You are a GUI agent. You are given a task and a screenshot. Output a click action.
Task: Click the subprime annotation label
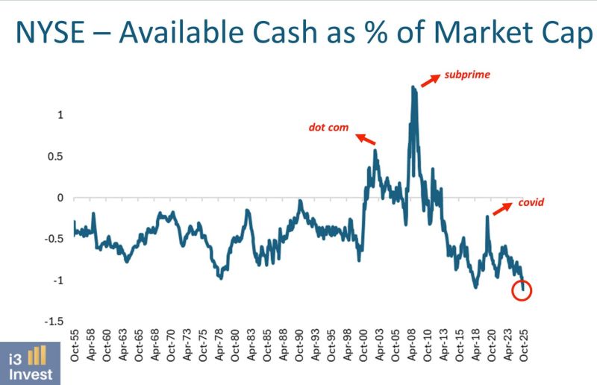pos(466,75)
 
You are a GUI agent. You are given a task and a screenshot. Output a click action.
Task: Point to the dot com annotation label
pos(329,127)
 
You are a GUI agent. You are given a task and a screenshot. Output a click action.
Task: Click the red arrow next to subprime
pos(430,81)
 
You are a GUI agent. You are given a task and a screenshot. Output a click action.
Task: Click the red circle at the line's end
pos(522,290)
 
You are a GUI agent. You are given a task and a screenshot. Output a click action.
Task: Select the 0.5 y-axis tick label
pos(56,156)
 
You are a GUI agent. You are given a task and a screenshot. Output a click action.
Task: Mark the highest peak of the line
pos(413,87)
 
